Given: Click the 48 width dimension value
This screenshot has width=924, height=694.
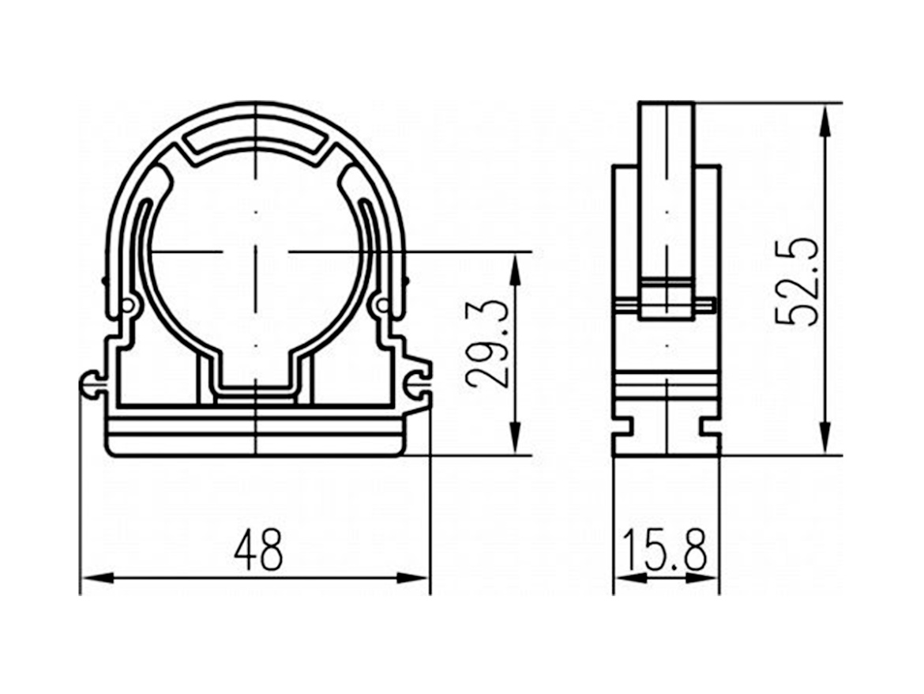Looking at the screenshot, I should click(x=258, y=550).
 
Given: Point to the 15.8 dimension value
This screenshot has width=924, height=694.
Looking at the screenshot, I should click(x=665, y=550).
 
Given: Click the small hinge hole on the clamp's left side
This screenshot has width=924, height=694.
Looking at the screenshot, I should click(x=128, y=305).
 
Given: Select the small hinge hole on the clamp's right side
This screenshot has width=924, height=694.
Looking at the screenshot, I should click(x=383, y=305).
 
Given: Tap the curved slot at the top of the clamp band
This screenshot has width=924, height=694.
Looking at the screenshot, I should click(x=257, y=139).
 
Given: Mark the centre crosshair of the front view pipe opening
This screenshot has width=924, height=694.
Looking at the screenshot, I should click(x=257, y=252).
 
